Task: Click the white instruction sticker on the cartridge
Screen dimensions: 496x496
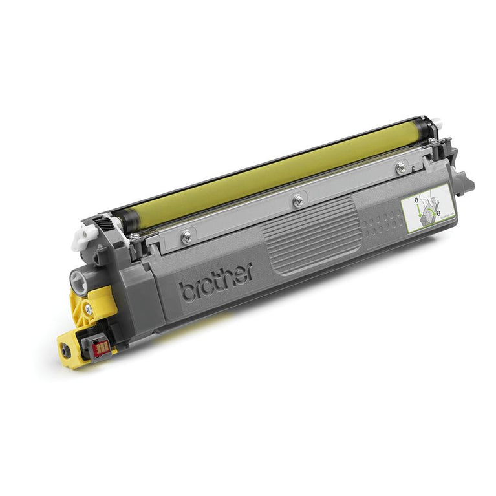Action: [x=426, y=207]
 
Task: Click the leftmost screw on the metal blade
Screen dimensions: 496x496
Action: [x=186, y=237]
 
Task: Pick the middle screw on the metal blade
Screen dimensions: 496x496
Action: [x=297, y=201]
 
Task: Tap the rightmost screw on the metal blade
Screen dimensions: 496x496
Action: [x=402, y=167]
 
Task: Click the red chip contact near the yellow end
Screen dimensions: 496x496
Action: [x=101, y=348]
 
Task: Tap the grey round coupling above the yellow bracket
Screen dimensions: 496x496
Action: [x=78, y=281]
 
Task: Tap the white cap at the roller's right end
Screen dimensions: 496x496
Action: [x=437, y=122]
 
